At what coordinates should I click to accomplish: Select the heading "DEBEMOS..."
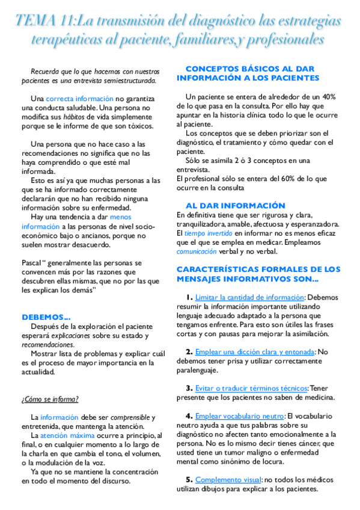[46, 317]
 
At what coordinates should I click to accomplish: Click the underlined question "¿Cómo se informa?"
[50, 399]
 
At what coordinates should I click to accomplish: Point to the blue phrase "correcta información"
[79, 99]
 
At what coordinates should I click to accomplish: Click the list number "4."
[189, 416]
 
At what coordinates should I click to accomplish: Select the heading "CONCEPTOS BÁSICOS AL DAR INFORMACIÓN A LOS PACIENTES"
[252, 73]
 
